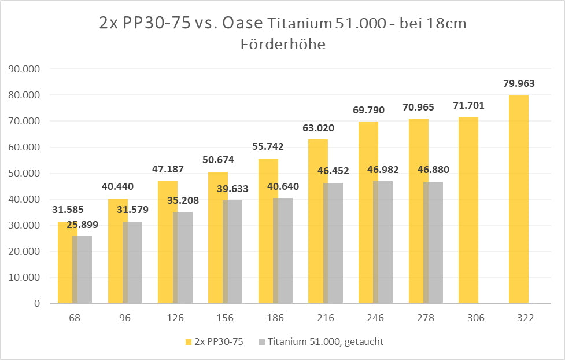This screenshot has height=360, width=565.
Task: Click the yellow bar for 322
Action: [x=519, y=199]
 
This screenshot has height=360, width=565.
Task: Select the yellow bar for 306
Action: [x=468, y=210]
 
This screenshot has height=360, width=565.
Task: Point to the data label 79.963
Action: [x=519, y=83]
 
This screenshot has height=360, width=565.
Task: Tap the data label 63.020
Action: [x=319, y=128]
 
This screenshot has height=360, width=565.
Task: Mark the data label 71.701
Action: [x=469, y=105]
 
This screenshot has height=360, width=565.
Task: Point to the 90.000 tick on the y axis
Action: [x=24, y=69]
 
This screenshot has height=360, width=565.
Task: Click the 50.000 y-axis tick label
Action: [x=24, y=173]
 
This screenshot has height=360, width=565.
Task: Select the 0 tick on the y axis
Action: [x=36, y=303]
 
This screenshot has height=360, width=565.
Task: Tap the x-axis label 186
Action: [x=268, y=318]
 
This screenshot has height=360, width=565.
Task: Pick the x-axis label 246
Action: [x=368, y=318]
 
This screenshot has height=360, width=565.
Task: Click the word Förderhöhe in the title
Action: [x=283, y=44]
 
